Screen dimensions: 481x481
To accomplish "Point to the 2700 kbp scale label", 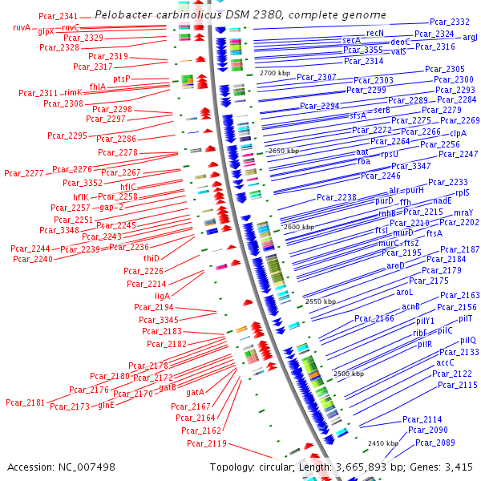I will point(274,73).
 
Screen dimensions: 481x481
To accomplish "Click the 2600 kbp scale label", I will point(299,228).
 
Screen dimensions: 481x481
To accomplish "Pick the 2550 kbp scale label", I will point(321,302).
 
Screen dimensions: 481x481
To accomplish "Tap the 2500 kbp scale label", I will point(349,374).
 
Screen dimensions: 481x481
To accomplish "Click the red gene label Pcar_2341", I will point(59,17).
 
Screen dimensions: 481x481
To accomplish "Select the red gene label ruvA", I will point(22,27).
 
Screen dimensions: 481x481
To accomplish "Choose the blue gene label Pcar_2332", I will point(450,22).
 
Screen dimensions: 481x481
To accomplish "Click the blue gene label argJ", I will point(471,37).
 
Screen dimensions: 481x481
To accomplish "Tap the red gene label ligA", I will point(163,296).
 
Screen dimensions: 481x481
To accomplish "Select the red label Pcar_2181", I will point(26,402).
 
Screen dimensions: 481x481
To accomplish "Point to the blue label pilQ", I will point(468,340).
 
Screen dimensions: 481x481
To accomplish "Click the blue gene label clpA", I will point(458,133).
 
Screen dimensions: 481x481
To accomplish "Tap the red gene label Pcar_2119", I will point(207,443).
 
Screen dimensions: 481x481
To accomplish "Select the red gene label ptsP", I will point(121,79).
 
